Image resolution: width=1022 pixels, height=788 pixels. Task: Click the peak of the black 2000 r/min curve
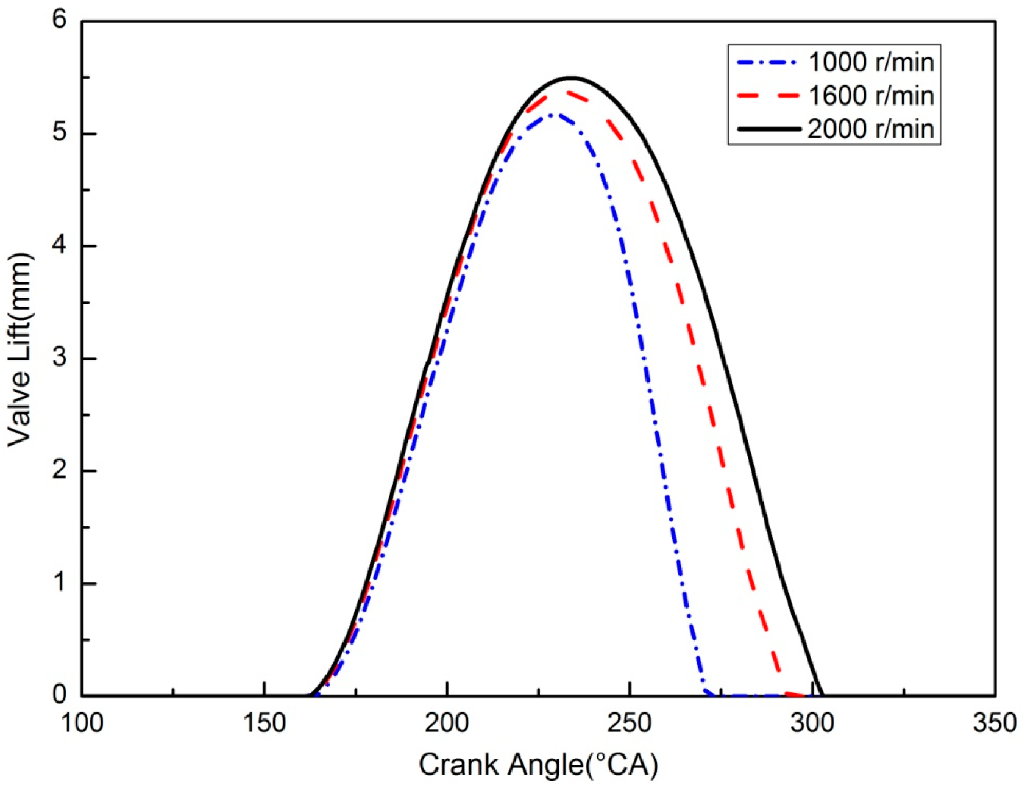(x=570, y=78)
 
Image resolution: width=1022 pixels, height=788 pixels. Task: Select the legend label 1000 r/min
(x=870, y=62)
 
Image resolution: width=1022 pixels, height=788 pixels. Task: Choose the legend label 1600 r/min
(x=870, y=96)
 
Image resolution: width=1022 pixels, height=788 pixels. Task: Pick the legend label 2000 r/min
(x=870, y=129)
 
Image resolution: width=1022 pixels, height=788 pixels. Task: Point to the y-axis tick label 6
(x=59, y=20)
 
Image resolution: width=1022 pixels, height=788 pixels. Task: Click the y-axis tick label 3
(x=59, y=358)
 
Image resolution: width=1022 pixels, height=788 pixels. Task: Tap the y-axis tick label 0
(x=59, y=695)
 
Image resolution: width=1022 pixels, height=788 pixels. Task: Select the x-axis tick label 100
(x=82, y=724)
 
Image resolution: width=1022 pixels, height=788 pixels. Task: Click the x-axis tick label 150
(x=264, y=724)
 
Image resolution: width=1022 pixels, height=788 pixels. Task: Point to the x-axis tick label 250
(x=630, y=724)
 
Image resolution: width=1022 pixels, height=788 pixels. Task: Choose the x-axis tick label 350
(x=995, y=724)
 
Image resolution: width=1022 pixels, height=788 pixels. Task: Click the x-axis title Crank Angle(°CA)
(x=538, y=765)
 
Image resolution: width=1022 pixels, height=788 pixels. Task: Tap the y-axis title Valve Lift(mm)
(x=20, y=349)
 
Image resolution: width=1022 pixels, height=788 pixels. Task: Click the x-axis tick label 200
(x=447, y=724)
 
